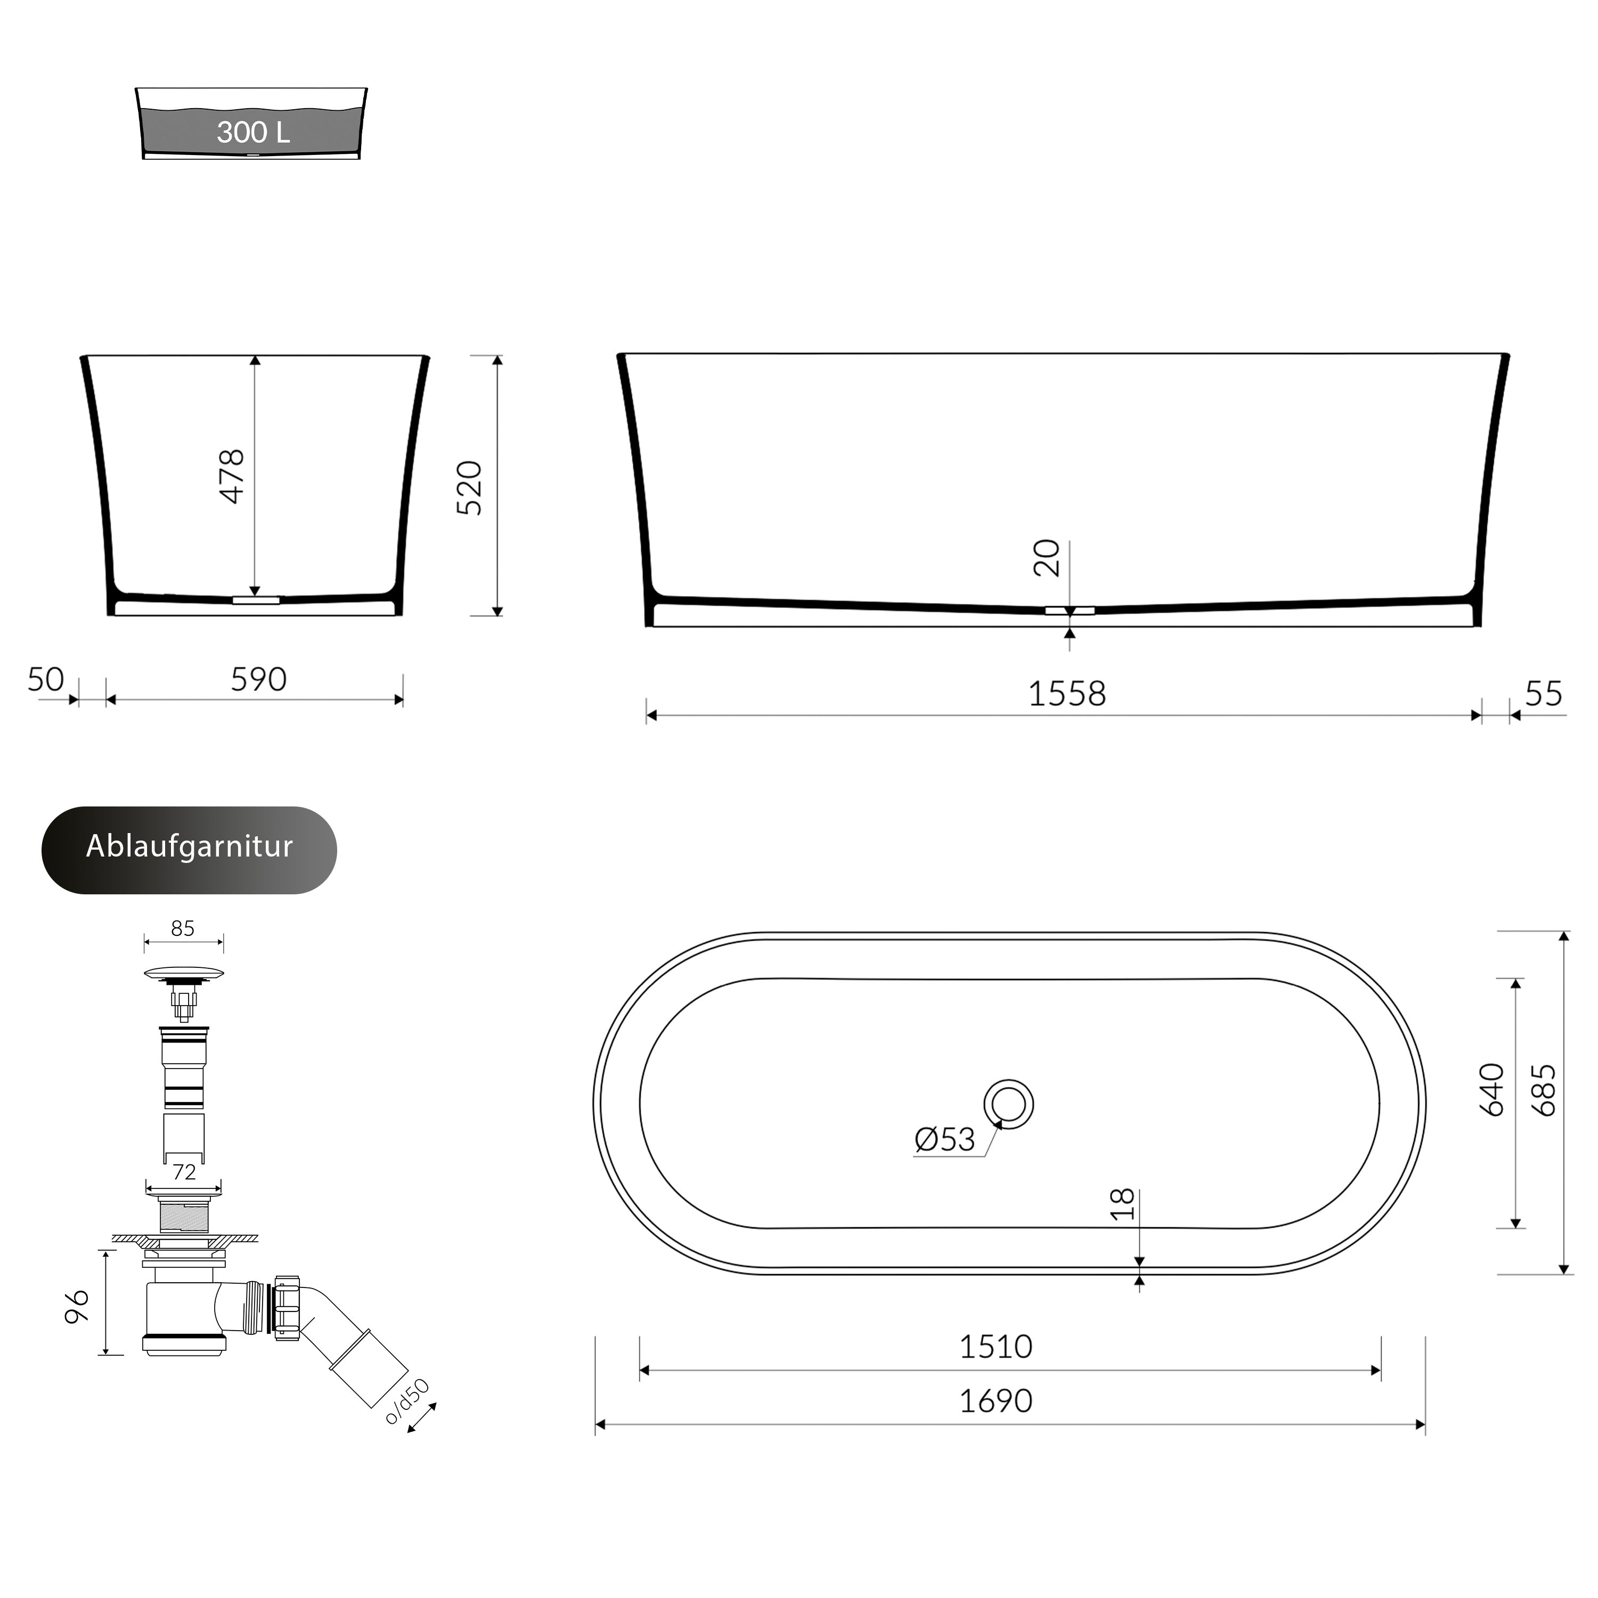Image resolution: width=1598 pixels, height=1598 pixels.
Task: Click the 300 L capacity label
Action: coord(253,132)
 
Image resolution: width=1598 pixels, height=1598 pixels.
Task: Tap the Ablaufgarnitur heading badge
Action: coord(190,850)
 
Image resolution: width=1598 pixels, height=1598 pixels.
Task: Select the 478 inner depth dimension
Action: coord(232,476)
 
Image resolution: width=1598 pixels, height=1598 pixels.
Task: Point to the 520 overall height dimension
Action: coord(469,488)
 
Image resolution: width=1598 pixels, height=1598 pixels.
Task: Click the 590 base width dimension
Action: coord(258,680)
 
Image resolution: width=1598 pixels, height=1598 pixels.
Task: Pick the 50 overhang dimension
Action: coord(45,680)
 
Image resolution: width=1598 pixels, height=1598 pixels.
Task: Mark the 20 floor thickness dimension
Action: coord(1046,558)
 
